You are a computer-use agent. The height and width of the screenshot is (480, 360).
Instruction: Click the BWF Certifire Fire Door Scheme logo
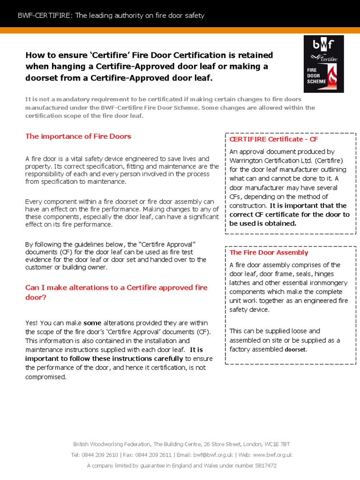tap(322, 64)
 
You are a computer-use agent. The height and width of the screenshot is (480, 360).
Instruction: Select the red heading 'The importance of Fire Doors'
tap(78, 136)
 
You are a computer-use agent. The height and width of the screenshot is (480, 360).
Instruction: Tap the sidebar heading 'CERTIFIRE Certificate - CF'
tap(274, 139)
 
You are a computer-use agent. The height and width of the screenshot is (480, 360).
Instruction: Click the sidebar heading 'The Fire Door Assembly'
tap(269, 252)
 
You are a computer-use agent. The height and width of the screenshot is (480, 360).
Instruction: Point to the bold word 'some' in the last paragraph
tap(92, 323)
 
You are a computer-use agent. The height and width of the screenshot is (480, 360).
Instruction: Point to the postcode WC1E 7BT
tap(278, 444)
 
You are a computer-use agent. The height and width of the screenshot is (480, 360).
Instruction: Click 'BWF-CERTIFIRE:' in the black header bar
tap(45, 16)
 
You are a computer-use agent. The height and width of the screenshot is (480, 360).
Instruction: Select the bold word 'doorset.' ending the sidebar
tap(296, 350)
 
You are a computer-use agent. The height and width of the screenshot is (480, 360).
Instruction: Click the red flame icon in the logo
tap(331, 75)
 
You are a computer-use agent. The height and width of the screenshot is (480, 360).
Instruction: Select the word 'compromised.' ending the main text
tap(45, 377)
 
